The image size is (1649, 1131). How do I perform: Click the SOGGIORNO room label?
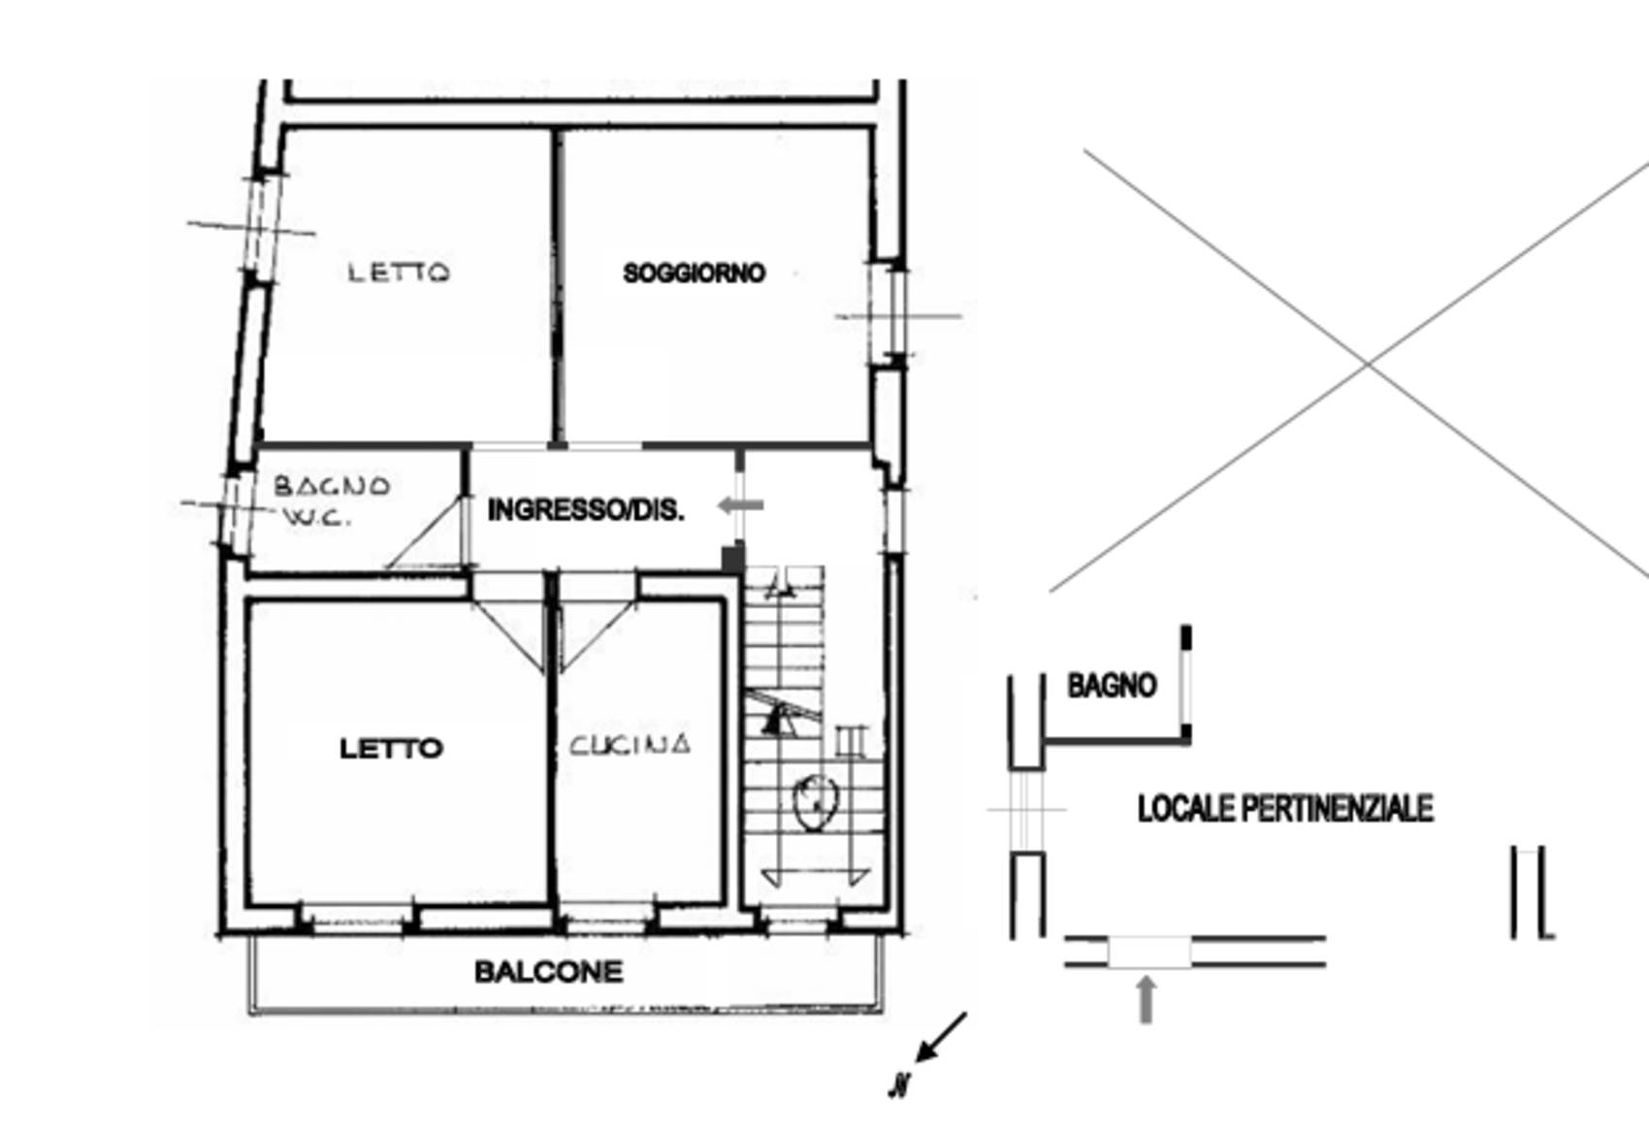(x=695, y=274)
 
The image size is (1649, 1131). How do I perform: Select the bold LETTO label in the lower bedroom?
(x=391, y=749)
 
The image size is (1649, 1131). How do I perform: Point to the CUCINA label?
(x=630, y=745)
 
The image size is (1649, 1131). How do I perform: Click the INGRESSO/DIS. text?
(x=586, y=509)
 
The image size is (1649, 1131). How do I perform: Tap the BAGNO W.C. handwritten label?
(x=332, y=501)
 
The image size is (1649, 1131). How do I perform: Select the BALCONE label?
(x=548, y=972)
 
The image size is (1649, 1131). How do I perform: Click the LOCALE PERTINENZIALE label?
(x=1285, y=809)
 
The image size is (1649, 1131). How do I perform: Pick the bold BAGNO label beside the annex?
(x=1112, y=686)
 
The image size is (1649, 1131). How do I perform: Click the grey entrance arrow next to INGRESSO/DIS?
(x=740, y=505)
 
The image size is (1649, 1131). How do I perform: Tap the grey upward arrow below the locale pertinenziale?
(x=1147, y=999)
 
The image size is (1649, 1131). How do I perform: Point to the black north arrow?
(x=941, y=1037)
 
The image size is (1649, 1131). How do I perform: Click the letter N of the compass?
(x=899, y=1084)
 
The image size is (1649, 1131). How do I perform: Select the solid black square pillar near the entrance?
(x=732, y=558)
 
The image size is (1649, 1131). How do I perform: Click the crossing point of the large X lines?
(x=1368, y=364)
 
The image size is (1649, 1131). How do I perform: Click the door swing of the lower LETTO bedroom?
(x=509, y=634)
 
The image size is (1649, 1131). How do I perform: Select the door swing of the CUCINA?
(x=597, y=634)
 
